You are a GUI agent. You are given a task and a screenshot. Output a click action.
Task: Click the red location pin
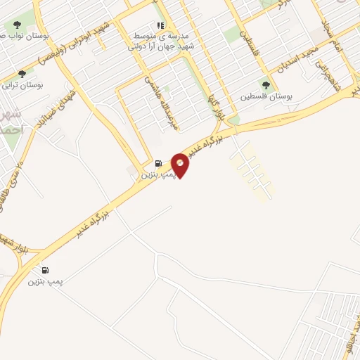181,165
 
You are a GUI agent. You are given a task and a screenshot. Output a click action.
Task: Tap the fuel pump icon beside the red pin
158,162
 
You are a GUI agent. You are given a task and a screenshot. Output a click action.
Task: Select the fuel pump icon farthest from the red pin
46,270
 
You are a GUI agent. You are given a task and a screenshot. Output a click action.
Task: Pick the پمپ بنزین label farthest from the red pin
46,281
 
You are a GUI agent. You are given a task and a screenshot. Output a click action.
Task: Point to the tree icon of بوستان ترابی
22,73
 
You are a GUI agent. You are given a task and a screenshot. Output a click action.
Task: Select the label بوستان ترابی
23,85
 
